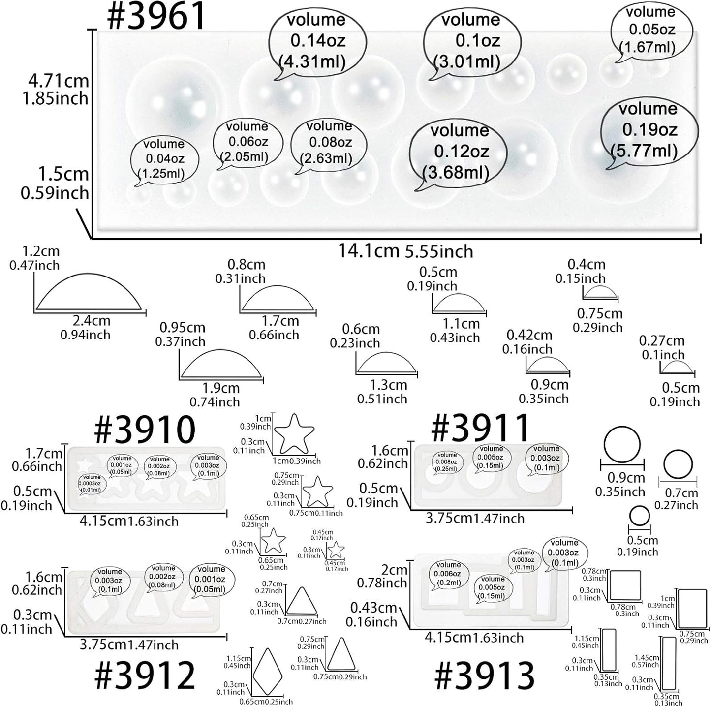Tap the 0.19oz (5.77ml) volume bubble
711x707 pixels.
pos(648,129)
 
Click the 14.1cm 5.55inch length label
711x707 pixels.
pos(405,251)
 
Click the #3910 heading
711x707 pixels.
pos(145,429)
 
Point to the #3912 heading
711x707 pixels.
pos(145,676)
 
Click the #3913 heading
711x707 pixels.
pos(484,676)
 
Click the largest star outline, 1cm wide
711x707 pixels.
pos(294,433)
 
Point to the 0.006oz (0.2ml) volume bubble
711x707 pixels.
pos(448,574)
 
